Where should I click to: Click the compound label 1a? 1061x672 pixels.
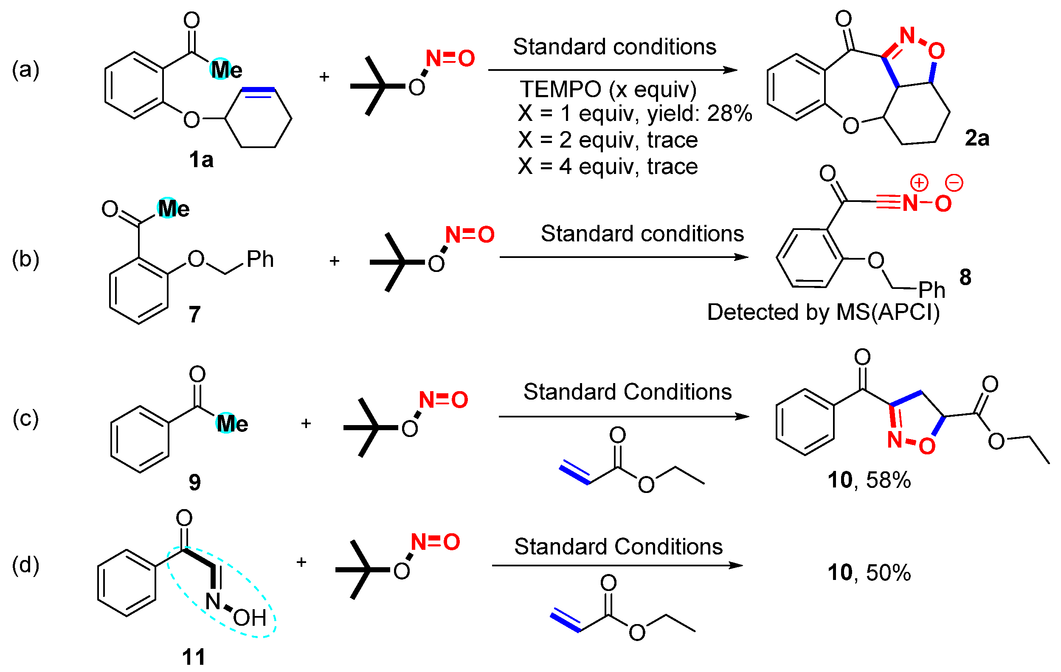point(201,160)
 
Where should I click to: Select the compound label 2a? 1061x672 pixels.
point(977,138)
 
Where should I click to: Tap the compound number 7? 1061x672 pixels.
point(195,314)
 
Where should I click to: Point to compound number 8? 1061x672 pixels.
point(965,277)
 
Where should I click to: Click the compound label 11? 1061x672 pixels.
point(194,657)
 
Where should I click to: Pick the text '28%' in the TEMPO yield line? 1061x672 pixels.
point(729,114)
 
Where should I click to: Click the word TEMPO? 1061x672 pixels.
point(560,90)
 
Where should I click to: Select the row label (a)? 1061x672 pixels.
point(25,70)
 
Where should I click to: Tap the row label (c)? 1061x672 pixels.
point(25,418)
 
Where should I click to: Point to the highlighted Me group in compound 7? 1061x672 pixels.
point(173,208)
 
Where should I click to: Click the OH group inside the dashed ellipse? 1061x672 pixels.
point(249,618)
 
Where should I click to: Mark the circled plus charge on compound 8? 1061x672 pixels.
point(919,182)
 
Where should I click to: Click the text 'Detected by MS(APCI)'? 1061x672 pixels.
point(823,312)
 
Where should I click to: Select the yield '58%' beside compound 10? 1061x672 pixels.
point(888,480)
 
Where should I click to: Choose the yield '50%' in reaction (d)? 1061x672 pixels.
point(888,573)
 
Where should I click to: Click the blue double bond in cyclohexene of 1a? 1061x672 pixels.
point(258,90)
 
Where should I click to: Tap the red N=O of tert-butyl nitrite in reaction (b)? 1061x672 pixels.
point(470,235)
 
